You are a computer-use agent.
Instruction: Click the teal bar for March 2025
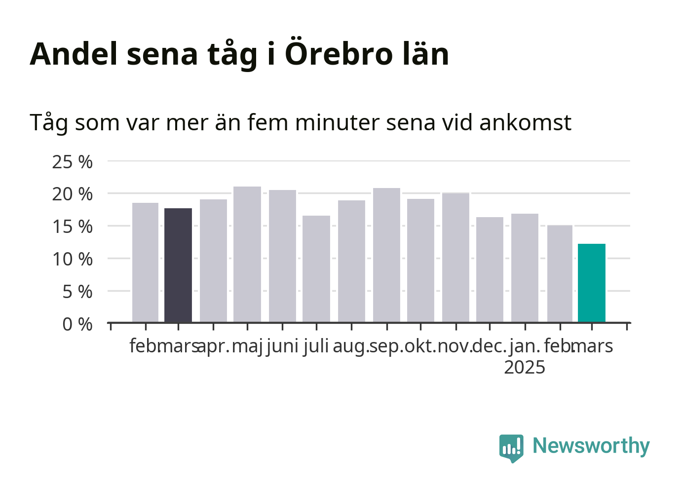click(592, 283)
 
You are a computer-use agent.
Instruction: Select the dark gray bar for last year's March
click(178, 265)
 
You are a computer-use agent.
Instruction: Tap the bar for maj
click(247, 254)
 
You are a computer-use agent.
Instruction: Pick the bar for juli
click(316, 269)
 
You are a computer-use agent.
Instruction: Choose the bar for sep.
click(387, 255)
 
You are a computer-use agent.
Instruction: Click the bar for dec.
click(490, 269)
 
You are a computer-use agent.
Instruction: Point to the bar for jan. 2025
click(525, 268)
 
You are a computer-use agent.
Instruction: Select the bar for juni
click(283, 256)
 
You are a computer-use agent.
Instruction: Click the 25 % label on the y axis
click(72, 162)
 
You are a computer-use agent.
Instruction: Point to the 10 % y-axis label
click(72, 260)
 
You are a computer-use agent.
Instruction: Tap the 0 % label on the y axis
click(77, 324)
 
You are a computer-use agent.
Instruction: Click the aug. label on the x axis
click(351, 347)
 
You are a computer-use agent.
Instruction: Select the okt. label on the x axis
click(420, 346)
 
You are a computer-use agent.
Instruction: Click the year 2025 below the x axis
click(525, 368)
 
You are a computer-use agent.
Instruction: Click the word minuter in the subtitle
click(337, 122)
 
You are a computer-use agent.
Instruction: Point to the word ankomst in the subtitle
click(526, 122)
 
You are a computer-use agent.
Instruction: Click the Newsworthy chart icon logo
click(511, 449)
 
